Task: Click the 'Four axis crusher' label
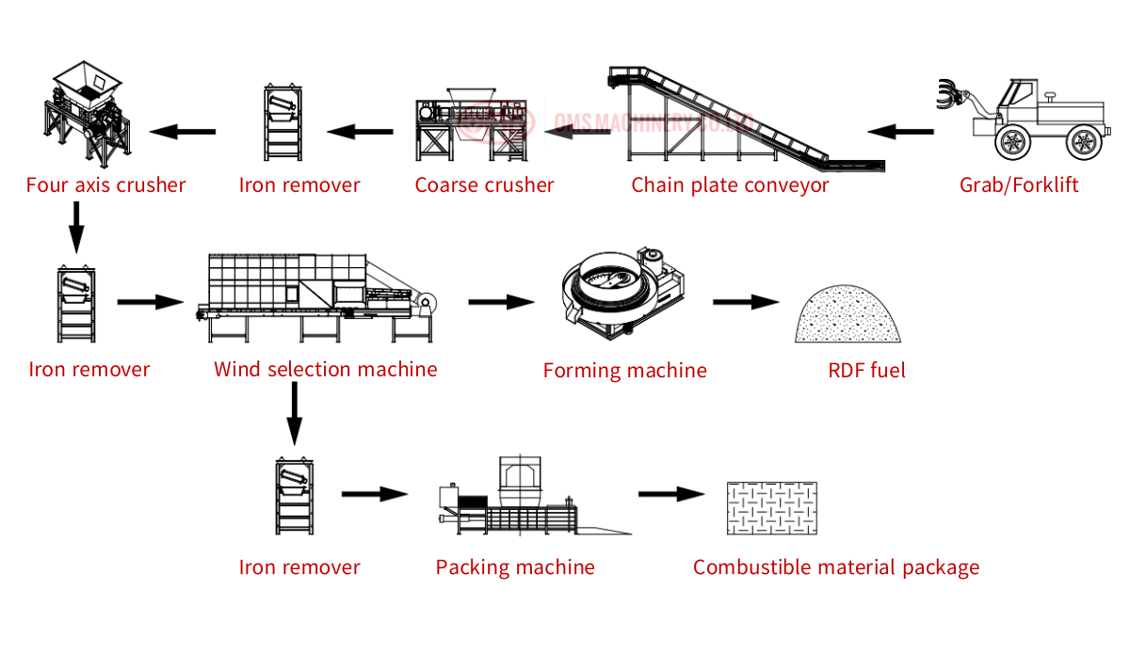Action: (x=105, y=185)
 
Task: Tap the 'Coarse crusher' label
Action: (x=484, y=185)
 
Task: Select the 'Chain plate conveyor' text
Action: (x=730, y=185)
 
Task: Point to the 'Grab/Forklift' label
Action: (x=1019, y=185)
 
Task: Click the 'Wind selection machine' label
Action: (x=326, y=370)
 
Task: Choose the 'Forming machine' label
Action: (x=625, y=371)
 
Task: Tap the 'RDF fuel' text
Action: (x=866, y=371)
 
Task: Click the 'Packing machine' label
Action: (x=515, y=567)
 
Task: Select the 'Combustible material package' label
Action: (x=836, y=567)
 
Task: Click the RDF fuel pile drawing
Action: (x=847, y=314)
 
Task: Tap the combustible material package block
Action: (x=772, y=508)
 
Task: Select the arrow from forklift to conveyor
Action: (x=900, y=132)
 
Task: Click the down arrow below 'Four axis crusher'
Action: (x=76, y=228)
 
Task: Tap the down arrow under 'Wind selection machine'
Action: (x=294, y=413)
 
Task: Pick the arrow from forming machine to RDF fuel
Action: (x=746, y=302)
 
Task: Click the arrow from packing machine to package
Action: (x=672, y=494)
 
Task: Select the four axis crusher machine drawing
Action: (x=87, y=114)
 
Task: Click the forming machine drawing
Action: (x=623, y=294)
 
